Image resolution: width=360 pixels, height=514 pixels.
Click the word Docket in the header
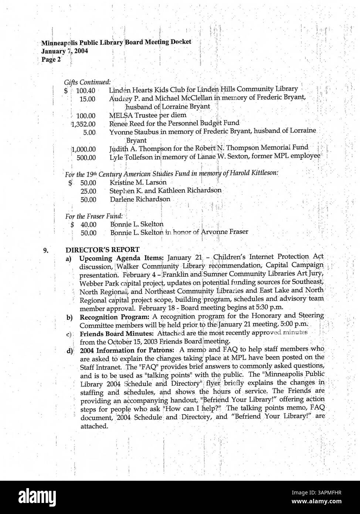(181, 42)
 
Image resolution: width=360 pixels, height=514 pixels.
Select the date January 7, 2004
(64, 51)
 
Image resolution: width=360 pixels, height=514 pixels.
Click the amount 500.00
(86, 158)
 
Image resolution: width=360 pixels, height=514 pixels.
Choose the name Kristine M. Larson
(138, 182)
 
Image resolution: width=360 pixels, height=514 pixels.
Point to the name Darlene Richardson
(140, 199)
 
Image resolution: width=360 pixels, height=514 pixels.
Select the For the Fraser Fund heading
(94, 216)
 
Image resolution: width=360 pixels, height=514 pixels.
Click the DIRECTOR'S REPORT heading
(102, 250)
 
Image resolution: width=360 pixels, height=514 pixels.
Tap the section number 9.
(45, 250)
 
